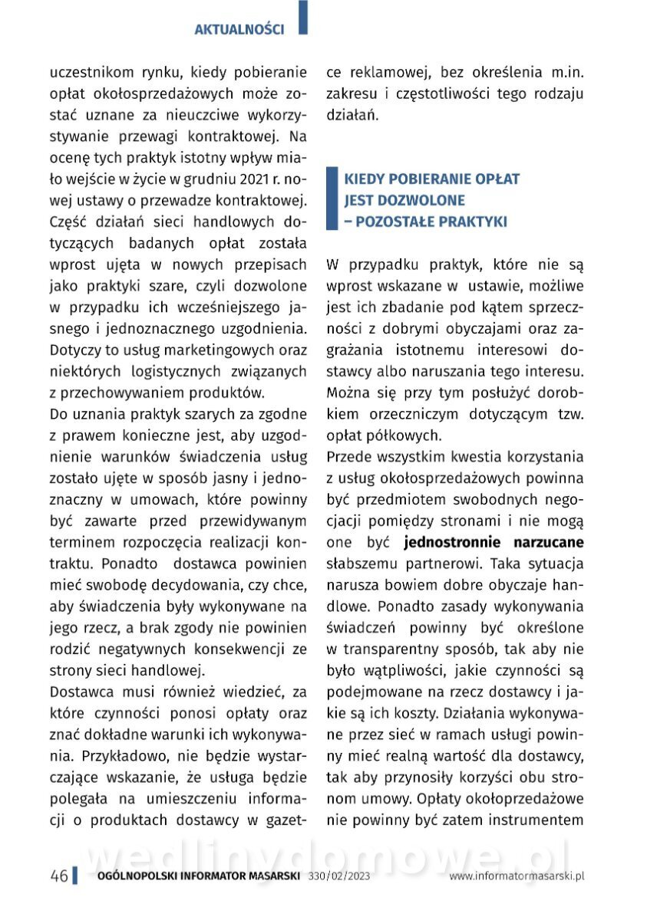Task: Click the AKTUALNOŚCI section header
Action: pyautogui.click(x=239, y=30)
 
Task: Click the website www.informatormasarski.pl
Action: pyautogui.click(x=517, y=876)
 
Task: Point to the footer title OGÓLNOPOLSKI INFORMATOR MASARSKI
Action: pyautogui.click(x=199, y=876)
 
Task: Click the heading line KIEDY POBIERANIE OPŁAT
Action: pyautogui.click(x=432, y=179)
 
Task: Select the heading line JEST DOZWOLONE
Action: pyautogui.click(x=404, y=200)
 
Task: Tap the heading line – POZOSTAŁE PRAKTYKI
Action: pyautogui.click(x=426, y=222)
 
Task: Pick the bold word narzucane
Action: pyautogui.click(x=548, y=543)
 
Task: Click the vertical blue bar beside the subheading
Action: pyautogui.click(x=332, y=200)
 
